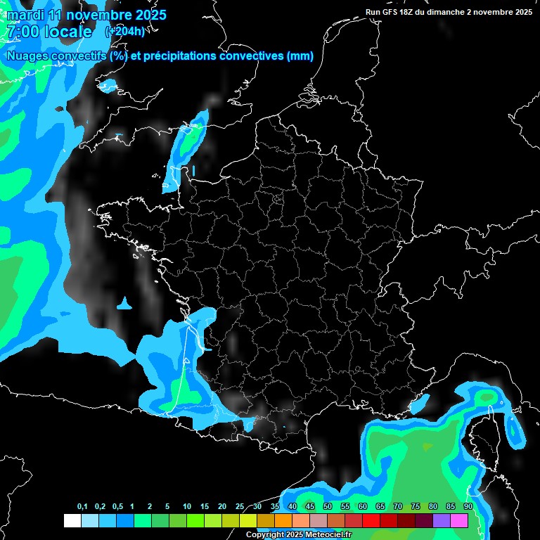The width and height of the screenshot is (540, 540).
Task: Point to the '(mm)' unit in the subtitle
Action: tap(300, 56)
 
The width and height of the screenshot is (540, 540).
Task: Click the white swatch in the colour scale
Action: tap(72, 520)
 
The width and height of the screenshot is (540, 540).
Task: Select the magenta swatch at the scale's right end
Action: tap(459, 520)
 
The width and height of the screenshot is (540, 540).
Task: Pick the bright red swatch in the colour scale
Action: tap(371, 520)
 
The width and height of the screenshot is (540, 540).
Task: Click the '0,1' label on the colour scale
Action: tap(82, 507)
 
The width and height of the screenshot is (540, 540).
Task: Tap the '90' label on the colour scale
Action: tap(468, 507)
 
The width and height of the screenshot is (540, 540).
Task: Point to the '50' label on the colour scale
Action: tap(328, 507)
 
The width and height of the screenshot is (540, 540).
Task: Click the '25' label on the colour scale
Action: tap(240, 507)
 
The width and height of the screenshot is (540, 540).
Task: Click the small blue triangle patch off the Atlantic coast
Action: tap(125, 304)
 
